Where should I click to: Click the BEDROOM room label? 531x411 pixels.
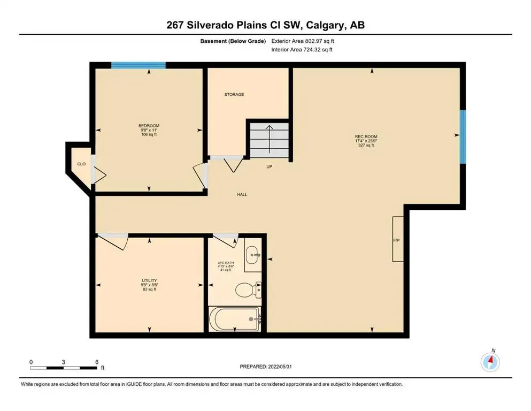point(149,126)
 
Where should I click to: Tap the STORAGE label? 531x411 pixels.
point(234,94)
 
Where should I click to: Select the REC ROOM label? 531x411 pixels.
point(366,136)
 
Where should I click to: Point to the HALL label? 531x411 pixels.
point(242,194)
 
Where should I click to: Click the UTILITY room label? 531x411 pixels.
point(149,280)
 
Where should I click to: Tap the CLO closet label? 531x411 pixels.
point(81,164)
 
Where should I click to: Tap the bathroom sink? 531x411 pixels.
point(252,255)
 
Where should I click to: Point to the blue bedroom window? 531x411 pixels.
point(138,65)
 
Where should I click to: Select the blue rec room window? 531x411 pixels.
point(463,137)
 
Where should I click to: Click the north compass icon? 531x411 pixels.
point(490,362)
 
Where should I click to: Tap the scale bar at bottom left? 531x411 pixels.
point(64,368)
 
